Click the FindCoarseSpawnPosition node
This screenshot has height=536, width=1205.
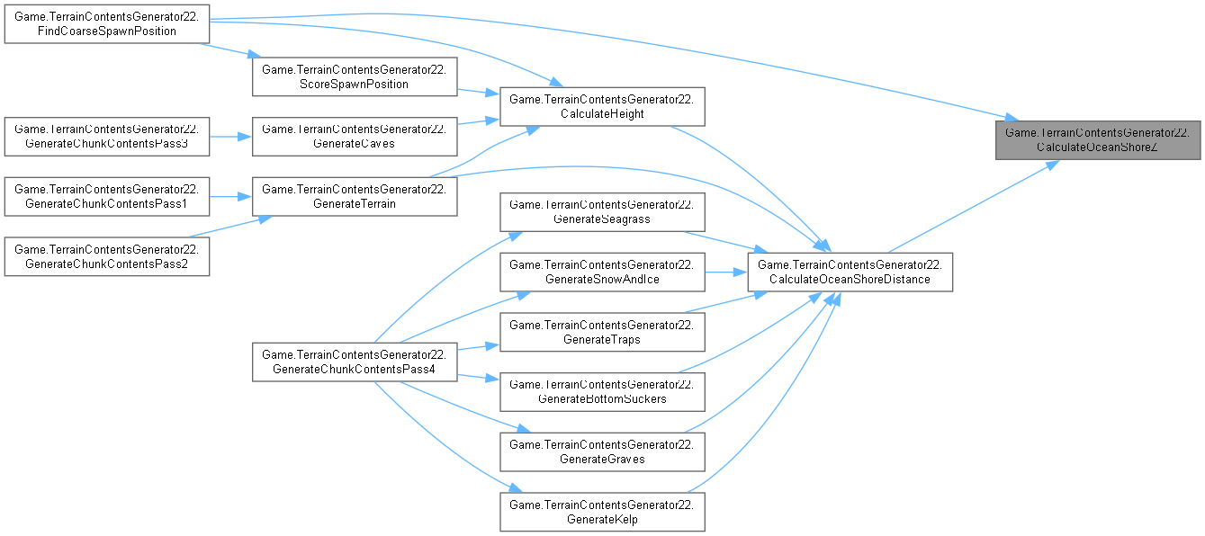[x=107, y=23]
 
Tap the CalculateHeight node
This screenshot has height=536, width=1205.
[x=602, y=107]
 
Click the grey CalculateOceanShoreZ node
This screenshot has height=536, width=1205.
[x=1098, y=139]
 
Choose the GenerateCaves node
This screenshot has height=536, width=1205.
[x=354, y=136]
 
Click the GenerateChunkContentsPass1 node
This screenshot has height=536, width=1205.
[x=107, y=196]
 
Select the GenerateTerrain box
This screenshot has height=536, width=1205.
[x=354, y=196]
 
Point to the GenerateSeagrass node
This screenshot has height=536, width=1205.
[x=602, y=211]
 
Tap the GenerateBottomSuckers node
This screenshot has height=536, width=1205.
[x=602, y=390]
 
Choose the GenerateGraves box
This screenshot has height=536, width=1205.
[x=602, y=451]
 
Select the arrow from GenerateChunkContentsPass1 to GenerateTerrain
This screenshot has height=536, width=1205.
[x=230, y=196]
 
